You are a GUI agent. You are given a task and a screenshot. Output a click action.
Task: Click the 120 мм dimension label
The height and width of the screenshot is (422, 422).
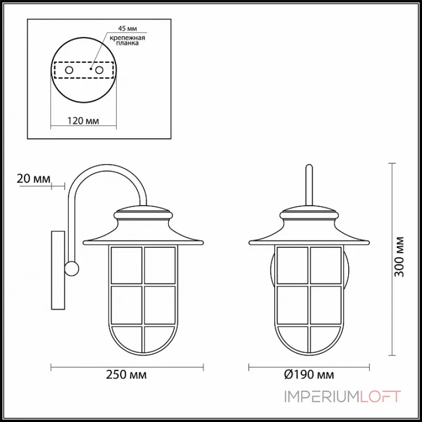[83, 121]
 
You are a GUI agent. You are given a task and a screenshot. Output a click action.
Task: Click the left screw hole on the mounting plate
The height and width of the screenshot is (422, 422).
[69, 70]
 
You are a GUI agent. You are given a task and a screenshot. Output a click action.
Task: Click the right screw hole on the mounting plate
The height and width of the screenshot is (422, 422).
[99, 70]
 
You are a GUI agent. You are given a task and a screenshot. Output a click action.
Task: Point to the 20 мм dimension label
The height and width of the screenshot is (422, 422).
[33, 178]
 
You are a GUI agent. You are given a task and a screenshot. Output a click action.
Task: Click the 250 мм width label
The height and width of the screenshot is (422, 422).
[127, 375]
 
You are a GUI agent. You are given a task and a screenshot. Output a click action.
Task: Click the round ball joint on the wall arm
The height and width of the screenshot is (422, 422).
[71, 268]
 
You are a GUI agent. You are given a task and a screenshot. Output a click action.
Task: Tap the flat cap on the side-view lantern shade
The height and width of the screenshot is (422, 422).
[143, 214]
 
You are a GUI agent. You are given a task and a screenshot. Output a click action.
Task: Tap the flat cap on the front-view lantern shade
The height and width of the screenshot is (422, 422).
[309, 214]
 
